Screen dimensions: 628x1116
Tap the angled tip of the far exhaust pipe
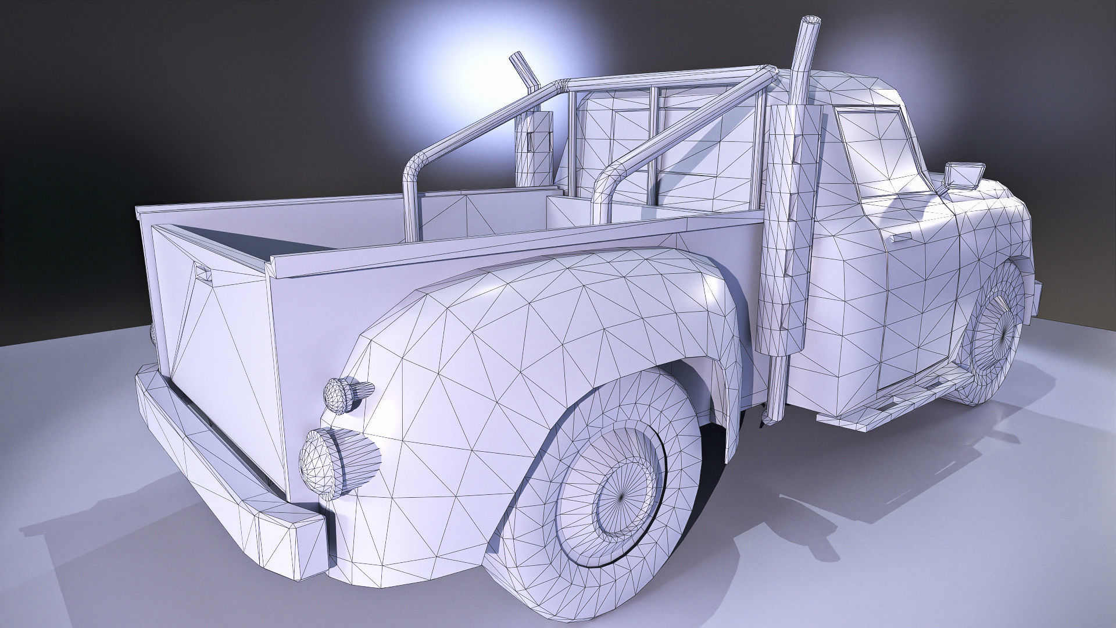click(x=517, y=62)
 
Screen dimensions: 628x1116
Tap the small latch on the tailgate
click(x=202, y=271)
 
